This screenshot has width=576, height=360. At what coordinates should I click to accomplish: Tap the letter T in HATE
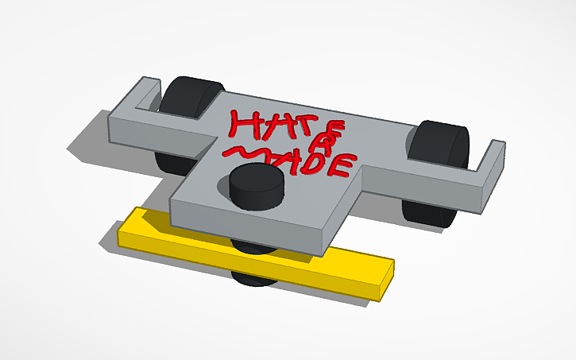click(286, 127)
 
